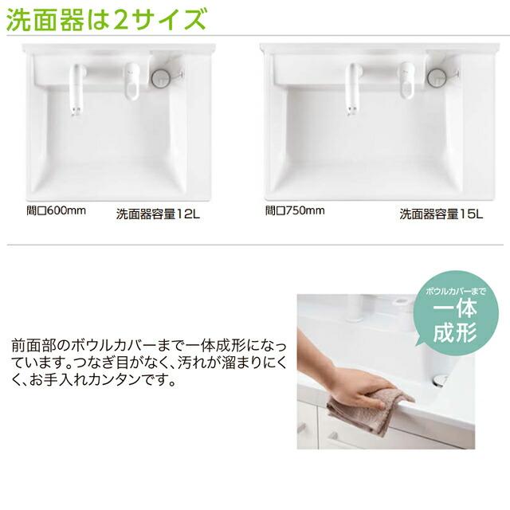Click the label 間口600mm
pos(57,211)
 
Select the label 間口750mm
pos(295,211)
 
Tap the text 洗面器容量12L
pos(159,214)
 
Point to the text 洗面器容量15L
pos(441,214)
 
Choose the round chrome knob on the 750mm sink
pos(436,76)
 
